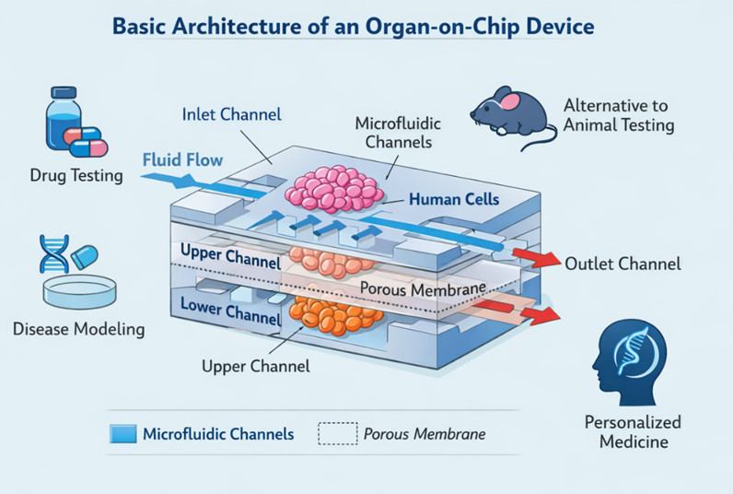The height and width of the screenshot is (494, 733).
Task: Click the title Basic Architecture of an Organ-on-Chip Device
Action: (353, 25)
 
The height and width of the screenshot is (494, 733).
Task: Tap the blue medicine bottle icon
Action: (61, 121)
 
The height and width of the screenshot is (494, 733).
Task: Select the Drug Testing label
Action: (76, 175)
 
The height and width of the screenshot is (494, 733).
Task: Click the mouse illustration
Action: (512, 114)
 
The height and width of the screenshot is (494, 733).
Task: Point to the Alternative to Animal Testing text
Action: (618, 115)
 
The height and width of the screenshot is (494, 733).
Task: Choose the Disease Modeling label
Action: (78, 328)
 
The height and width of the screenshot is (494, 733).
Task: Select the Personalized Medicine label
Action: (633, 431)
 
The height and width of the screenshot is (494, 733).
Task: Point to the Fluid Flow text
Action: (182, 160)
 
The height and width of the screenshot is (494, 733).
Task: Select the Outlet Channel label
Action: (622, 264)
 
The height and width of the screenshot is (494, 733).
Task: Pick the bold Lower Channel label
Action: (229, 310)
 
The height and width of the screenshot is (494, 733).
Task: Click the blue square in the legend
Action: (123, 433)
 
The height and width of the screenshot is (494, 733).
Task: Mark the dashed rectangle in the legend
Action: (336, 433)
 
